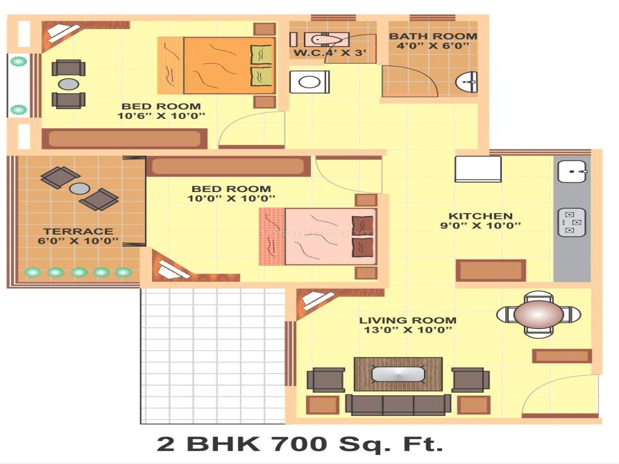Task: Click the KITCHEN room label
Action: (x=480, y=216)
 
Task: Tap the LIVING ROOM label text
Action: (x=408, y=320)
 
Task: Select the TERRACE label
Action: (x=78, y=231)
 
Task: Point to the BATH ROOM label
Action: (x=433, y=36)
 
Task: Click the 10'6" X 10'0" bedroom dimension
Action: (x=161, y=116)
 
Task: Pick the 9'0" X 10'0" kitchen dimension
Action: (x=480, y=225)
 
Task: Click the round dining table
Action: (x=538, y=314)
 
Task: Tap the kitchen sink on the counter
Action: (x=572, y=171)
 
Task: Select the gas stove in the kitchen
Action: (x=572, y=223)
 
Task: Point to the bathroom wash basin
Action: (x=467, y=82)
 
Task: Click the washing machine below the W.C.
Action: (x=309, y=82)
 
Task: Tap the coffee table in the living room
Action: (x=398, y=374)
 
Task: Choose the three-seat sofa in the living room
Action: (x=398, y=405)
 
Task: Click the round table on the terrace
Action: (x=80, y=188)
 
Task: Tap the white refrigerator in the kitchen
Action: (x=478, y=169)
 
